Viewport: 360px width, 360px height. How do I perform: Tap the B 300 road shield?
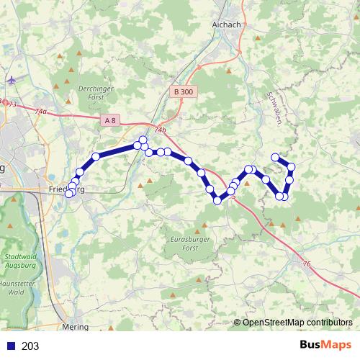(x=183, y=91)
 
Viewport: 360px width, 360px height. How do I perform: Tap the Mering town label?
(x=76, y=326)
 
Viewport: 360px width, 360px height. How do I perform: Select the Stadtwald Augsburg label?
(x=19, y=260)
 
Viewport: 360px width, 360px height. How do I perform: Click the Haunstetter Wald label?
(x=19, y=289)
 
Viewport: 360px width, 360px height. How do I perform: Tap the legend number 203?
(x=30, y=346)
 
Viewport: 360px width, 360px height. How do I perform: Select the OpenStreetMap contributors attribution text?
(x=297, y=322)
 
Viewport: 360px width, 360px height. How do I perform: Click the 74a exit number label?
(x=40, y=112)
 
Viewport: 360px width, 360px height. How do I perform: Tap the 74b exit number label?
(x=159, y=130)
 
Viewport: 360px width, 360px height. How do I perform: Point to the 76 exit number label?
(x=306, y=264)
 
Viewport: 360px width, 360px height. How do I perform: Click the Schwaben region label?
(x=272, y=108)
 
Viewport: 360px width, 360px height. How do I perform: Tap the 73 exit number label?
(x=12, y=105)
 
